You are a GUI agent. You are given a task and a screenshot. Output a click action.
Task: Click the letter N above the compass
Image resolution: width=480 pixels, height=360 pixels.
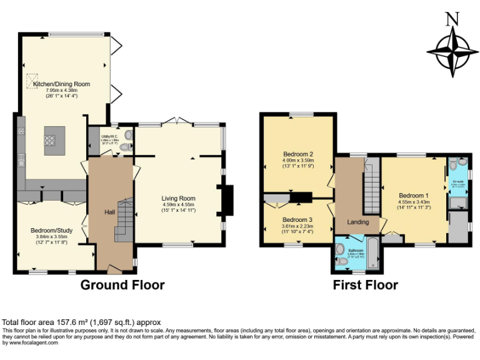coord(452,19)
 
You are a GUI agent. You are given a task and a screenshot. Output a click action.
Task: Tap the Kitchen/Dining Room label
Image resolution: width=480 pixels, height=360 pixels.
coord(61,84)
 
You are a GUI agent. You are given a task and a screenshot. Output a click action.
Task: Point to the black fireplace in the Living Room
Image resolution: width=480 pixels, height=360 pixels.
coord(227,200)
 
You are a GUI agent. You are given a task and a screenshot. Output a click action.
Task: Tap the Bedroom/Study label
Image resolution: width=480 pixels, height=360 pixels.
coord(52,231)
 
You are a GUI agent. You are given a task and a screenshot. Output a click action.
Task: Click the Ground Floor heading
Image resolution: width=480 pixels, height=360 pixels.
coord(122,285)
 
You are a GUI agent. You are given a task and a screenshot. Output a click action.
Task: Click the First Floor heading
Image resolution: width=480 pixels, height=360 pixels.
coord(366,285)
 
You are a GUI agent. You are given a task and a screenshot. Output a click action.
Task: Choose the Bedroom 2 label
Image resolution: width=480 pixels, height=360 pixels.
coord(297,154)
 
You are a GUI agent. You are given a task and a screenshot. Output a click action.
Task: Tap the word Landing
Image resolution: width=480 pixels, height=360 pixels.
coord(357,222)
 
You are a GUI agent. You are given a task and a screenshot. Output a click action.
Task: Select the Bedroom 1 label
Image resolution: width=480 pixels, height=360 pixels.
coord(414,195)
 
